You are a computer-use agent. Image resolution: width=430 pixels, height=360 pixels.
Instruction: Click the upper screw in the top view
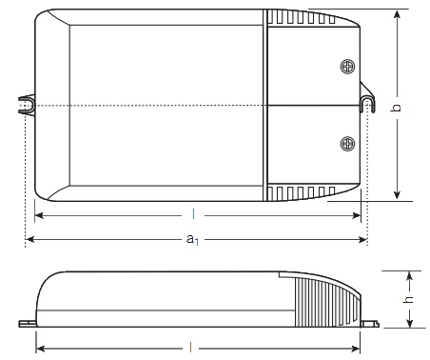(x=347, y=67)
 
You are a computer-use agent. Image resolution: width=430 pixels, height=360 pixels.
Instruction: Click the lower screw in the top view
(x=347, y=144)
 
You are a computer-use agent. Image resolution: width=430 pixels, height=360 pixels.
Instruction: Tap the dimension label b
(x=396, y=108)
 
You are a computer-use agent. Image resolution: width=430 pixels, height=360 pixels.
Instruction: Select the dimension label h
(x=409, y=299)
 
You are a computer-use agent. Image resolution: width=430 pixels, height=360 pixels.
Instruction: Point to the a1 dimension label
(x=192, y=239)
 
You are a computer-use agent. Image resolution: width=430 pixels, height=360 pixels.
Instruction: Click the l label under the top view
(x=193, y=214)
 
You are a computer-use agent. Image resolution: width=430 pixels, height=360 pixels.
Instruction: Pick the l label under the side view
(x=190, y=348)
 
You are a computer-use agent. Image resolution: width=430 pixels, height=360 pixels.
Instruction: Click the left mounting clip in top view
(x=27, y=105)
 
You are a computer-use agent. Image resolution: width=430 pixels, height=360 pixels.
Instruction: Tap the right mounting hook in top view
(x=367, y=97)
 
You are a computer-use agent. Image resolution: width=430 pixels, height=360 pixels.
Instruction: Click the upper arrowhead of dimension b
(x=397, y=14)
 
